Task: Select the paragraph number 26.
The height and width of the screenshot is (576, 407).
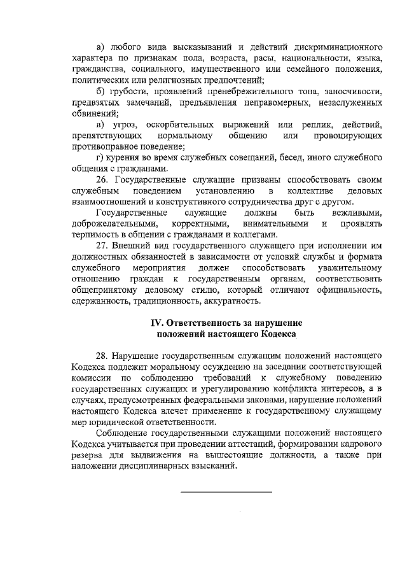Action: point(102,180)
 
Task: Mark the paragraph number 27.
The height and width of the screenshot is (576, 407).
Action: point(102,246)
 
